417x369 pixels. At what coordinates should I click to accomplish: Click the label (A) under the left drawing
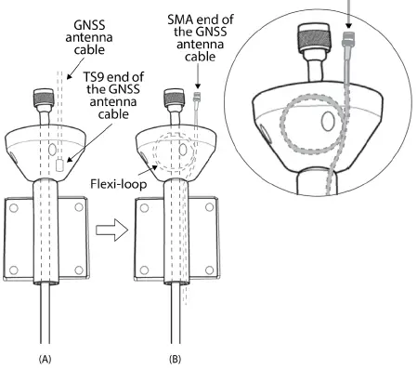coord(44,355)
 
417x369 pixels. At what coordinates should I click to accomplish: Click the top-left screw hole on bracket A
coord(13,207)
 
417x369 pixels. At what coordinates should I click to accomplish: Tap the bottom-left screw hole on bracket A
coord(13,270)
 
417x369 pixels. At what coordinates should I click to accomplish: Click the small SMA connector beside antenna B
coord(196,96)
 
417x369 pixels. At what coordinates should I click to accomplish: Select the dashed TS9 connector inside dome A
coord(60,165)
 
